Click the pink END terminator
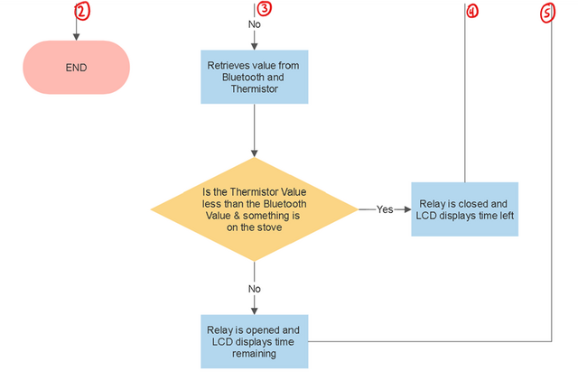point(76,68)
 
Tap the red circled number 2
point(82,11)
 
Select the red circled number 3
point(265,9)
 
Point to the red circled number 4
point(472,12)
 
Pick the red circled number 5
point(548,14)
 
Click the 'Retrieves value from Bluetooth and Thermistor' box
point(255,77)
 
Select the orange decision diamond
point(255,209)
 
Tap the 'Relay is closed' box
point(465,209)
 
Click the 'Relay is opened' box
point(255,341)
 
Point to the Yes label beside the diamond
point(385,209)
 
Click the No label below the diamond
point(255,289)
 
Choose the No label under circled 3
point(255,24)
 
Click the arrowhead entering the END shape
point(76,37)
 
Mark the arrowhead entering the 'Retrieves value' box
point(255,46)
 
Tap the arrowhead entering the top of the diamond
point(255,153)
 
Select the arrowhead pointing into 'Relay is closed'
point(407,209)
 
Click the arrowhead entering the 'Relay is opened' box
point(255,310)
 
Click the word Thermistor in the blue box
point(255,88)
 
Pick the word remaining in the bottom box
point(254,354)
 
